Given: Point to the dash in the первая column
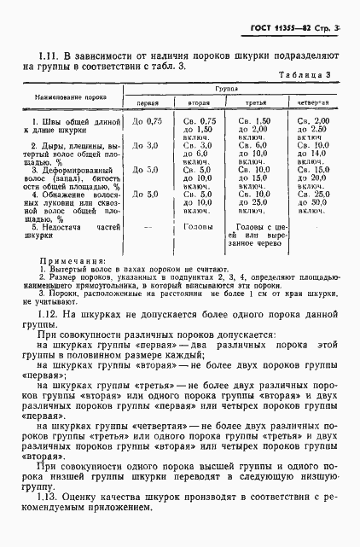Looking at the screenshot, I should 148,227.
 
